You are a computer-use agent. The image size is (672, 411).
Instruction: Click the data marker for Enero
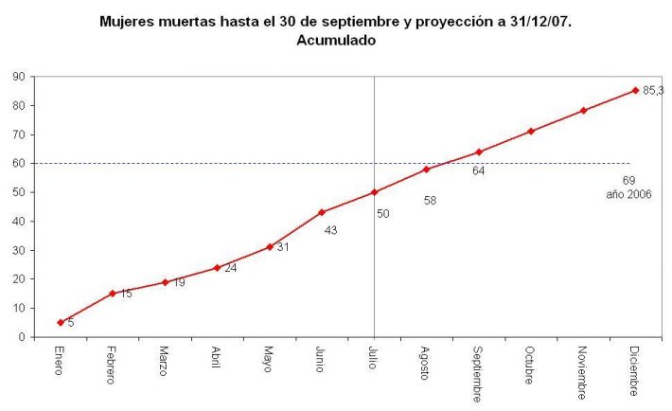[x=61, y=322]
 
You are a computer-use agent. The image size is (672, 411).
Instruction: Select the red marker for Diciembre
[x=635, y=90]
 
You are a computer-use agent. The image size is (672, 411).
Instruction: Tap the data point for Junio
[x=322, y=212]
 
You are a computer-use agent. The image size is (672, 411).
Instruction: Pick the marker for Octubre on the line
[x=531, y=131]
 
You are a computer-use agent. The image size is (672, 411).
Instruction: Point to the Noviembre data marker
[x=583, y=110]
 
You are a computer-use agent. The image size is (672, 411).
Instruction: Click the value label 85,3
[x=653, y=91]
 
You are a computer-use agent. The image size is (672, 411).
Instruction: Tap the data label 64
[x=478, y=170]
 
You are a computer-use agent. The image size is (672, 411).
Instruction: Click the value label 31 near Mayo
[x=283, y=247]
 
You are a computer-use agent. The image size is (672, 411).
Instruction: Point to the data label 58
[x=430, y=201]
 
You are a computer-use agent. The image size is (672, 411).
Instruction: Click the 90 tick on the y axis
[x=19, y=76]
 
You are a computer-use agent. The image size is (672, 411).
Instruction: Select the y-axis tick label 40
[x=19, y=221]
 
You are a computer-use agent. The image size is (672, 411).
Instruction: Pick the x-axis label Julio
[x=374, y=358]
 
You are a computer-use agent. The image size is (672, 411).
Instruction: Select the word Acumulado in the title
[x=335, y=40]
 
